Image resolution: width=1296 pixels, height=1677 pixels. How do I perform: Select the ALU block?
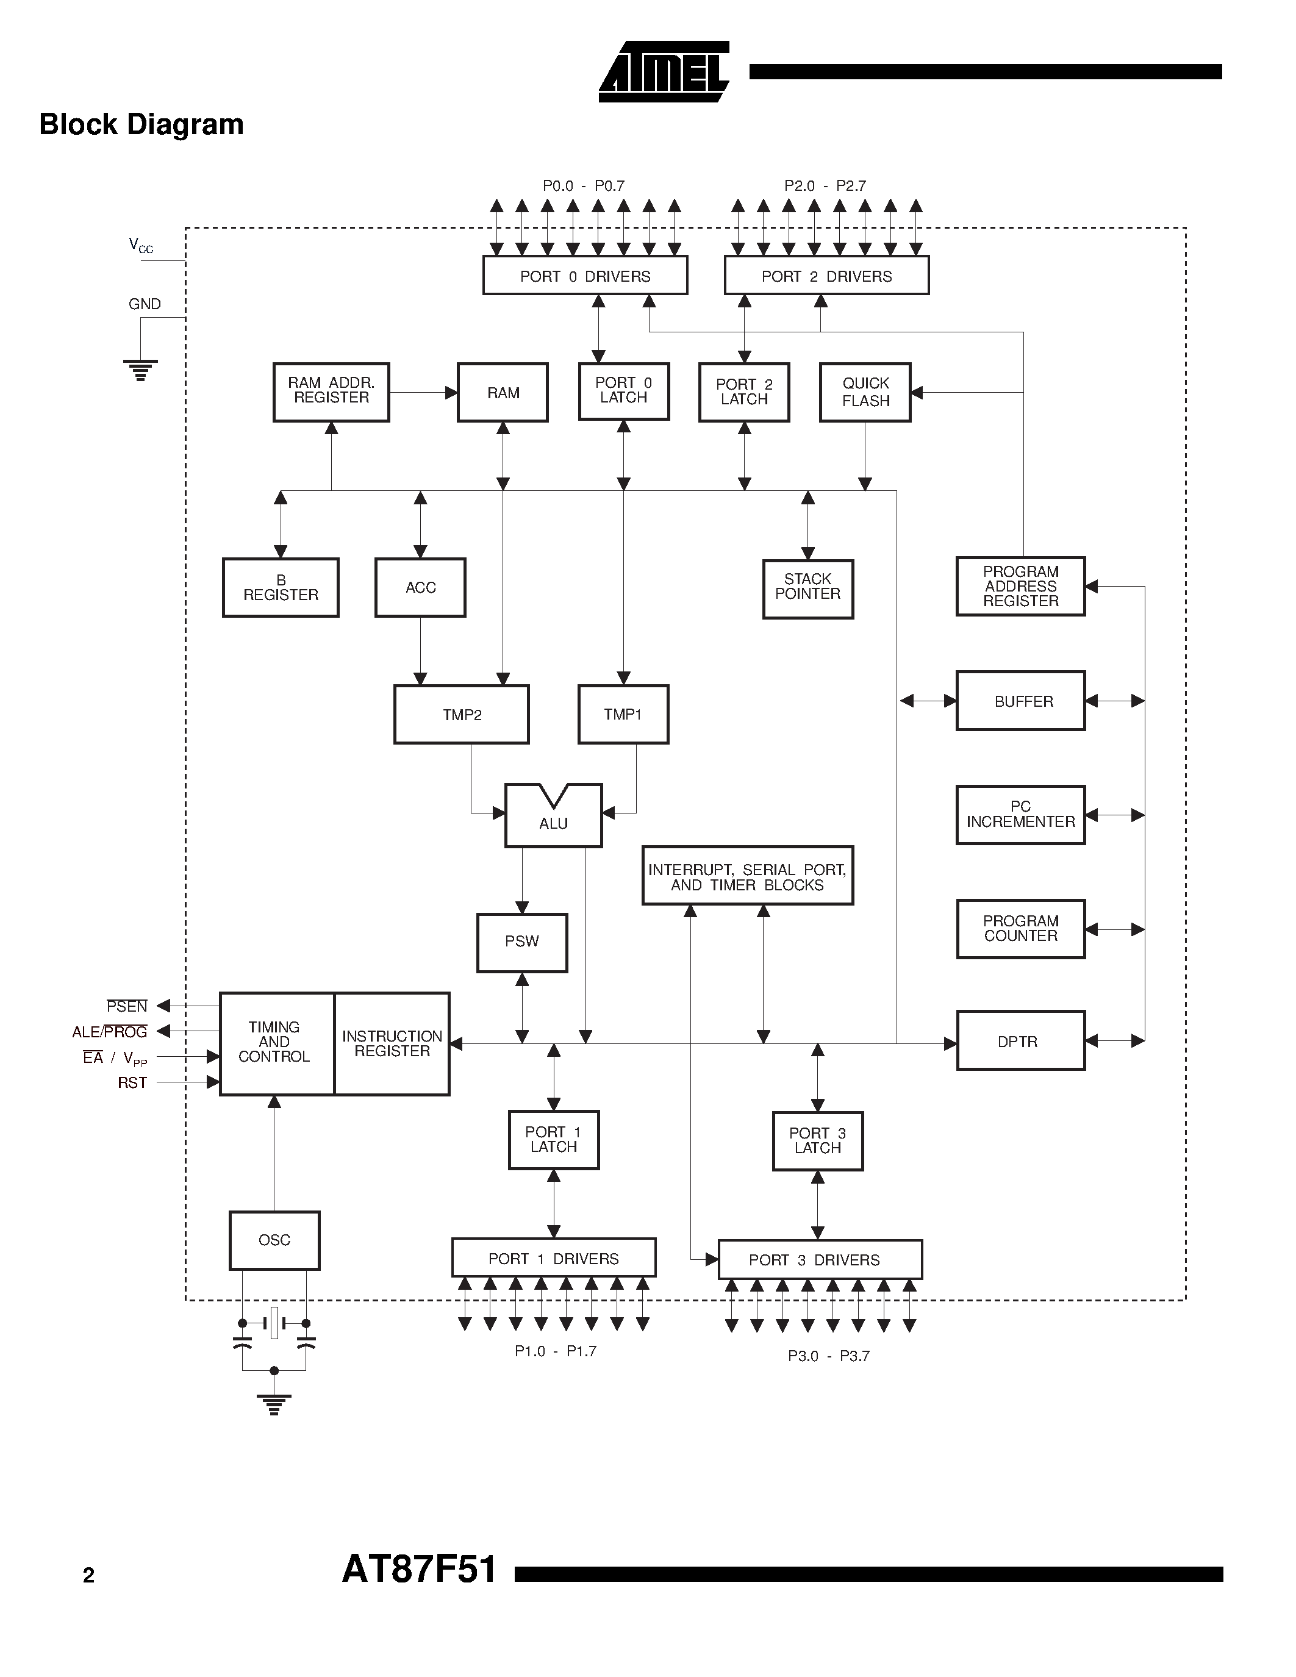tap(553, 818)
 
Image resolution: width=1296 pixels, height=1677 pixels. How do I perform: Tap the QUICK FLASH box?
tap(865, 392)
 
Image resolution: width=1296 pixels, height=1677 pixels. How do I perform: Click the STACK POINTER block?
tap(807, 589)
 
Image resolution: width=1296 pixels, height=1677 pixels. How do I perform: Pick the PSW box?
tap(522, 942)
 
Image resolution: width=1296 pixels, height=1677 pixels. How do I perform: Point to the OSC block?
tap(274, 1240)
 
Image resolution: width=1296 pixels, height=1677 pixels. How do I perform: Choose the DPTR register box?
tap(1020, 1041)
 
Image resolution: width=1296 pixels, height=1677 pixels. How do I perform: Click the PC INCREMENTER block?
tap(1020, 815)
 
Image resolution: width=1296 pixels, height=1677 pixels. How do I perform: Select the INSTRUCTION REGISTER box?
tap(392, 1043)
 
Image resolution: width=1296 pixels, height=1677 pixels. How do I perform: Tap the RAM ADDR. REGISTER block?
tap(331, 392)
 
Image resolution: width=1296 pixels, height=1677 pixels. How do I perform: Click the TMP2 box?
tap(462, 714)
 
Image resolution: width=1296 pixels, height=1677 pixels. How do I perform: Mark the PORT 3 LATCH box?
tap(818, 1140)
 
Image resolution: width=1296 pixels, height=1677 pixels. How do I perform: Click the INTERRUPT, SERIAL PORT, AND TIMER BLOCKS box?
tap(747, 876)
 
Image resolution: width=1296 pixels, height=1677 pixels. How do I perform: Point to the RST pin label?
tap(132, 1082)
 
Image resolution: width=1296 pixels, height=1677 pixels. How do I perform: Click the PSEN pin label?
tap(127, 1006)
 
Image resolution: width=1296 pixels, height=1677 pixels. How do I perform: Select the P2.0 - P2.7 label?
tap(825, 186)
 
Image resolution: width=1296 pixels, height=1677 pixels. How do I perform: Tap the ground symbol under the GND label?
tap(140, 370)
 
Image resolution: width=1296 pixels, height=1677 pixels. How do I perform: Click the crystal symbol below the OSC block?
tap(274, 1323)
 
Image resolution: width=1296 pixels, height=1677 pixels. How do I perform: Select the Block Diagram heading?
tap(141, 124)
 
